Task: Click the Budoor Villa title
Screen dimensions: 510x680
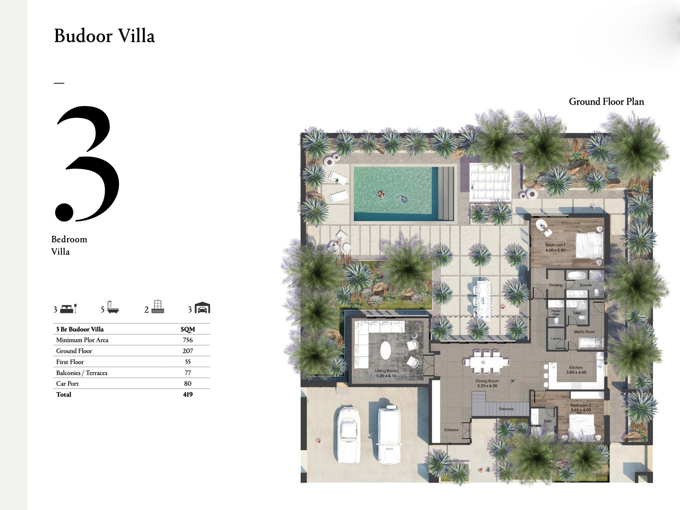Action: [x=104, y=36]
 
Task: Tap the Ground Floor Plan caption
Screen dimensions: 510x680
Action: [x=606, y=102]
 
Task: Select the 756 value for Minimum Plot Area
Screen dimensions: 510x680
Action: [x=188, y=340]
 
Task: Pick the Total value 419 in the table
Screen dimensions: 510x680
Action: [x=188, y=394]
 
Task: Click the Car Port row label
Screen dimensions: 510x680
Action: [x=67, y=383]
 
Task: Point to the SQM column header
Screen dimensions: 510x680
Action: [x=188, y=329]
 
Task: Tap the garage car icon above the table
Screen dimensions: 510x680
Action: [x=202, y=308]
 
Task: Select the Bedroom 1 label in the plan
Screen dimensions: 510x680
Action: [x=555, y=247]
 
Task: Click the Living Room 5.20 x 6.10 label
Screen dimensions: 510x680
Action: [x=386, y=373]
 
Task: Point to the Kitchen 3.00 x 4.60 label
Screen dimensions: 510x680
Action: [x=576, y=370]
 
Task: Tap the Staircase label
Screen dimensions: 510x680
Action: [x=506, y=409]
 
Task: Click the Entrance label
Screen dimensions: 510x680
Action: [x=451, y=430]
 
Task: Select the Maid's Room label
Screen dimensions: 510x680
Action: [x=584, y=332]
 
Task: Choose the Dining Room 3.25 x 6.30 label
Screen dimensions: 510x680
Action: [x=487, y=383]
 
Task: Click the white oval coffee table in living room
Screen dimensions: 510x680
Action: [x=385, y=350]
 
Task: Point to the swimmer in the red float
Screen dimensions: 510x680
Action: [x=381, y=194]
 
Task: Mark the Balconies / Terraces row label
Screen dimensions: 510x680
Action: [x=82, y=373]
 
